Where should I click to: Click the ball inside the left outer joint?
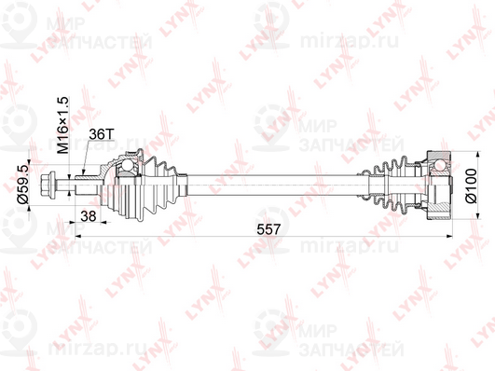[x=126, y=169]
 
